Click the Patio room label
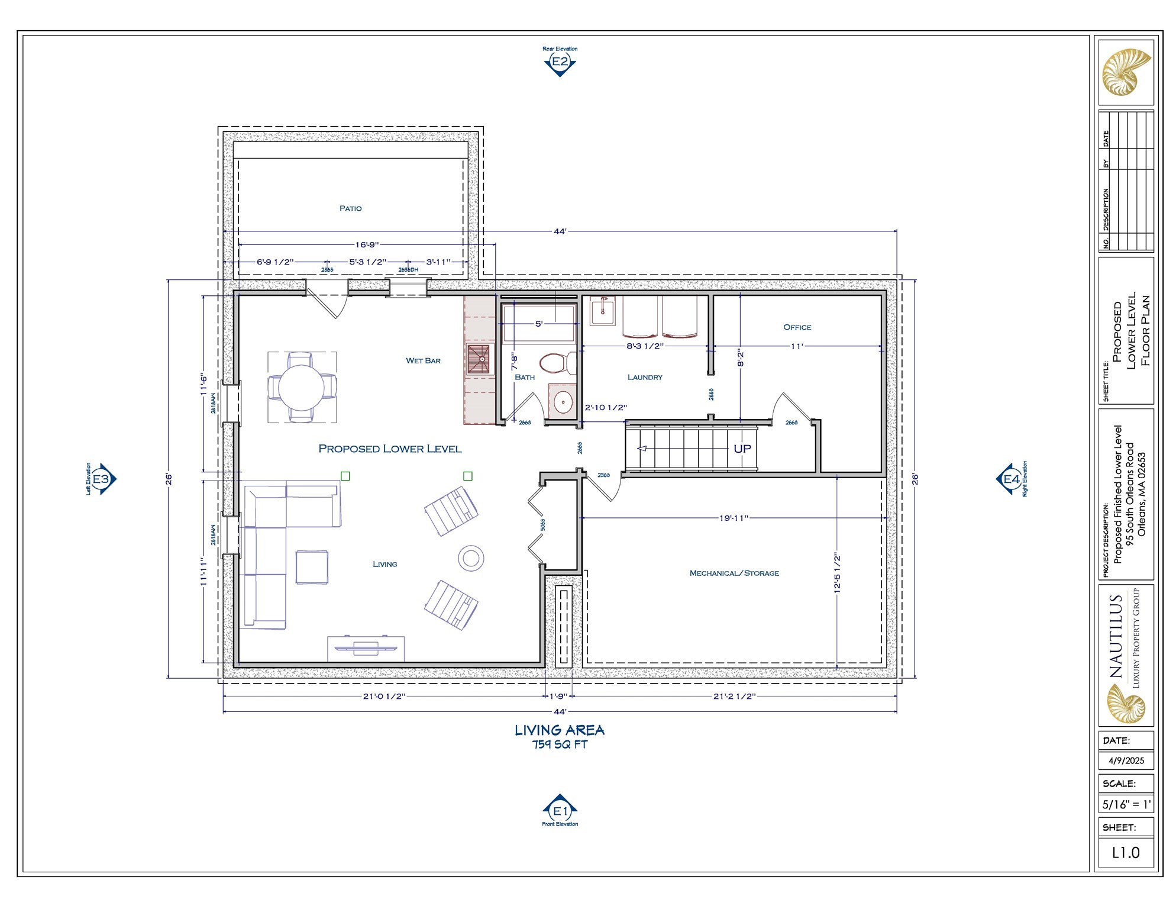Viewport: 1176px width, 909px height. [x=350, y=208]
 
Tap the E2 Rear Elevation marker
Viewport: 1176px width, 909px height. [x=560, y=62]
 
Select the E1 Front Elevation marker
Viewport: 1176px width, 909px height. [x=560, y=811]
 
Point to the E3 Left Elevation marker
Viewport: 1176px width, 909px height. [x=102, y=479]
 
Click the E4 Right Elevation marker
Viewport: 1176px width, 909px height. [x=1011, y=479]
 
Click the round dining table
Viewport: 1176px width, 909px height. [x=302, y=387]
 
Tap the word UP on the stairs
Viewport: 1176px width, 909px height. [x=742, y=449]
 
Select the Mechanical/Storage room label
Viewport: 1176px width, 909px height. [x=734, y=573]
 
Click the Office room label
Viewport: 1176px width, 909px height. [x=797, y=327]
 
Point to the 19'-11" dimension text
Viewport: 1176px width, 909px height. [x=734, y=518]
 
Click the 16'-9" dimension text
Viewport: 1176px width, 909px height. [x=367, y=244]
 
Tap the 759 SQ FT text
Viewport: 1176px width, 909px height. [x=560, y=744]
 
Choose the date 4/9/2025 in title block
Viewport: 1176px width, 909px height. [x=1126, y=760]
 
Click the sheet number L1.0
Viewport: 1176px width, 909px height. [x=1126, y=852]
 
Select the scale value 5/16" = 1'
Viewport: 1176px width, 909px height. [x=1126, y=805]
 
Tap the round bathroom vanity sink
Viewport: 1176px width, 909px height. [x=563, y=402]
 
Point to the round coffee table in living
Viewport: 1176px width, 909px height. [x=471, y=557]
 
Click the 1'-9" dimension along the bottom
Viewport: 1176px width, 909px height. [x=558, y=697]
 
